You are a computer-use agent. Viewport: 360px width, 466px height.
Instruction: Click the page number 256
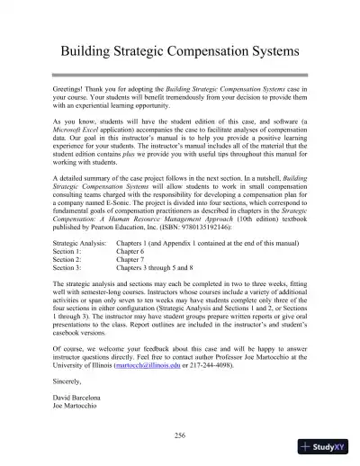[179, 435]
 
